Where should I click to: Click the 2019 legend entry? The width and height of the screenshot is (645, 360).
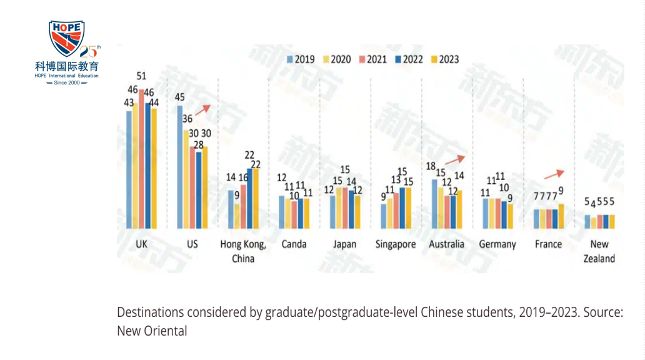[301, 59]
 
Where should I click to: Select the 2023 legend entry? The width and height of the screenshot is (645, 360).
[444, 59]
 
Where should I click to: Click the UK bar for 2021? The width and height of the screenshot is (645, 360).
[141, 159]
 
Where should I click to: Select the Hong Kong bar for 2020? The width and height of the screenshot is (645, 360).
[236, 216]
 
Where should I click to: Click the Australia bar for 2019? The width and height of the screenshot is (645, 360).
[435, 203]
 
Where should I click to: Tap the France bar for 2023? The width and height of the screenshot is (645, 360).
[561, 216]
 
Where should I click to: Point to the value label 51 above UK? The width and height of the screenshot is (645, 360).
[141, 76]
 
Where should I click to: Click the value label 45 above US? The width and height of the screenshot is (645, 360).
[179, 97]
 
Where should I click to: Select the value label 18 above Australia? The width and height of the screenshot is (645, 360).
[430, 166]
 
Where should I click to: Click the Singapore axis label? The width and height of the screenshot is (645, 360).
[396, 244]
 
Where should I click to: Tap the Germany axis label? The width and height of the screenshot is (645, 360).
[497, 244]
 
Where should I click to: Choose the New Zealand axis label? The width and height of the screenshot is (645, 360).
[599, 251]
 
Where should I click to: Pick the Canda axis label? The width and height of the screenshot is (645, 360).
[294, 244]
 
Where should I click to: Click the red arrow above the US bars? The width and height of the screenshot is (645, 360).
[202, 111]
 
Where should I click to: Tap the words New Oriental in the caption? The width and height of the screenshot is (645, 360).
[152, 331]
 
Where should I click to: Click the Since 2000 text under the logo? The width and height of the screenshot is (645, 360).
[67, 82]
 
